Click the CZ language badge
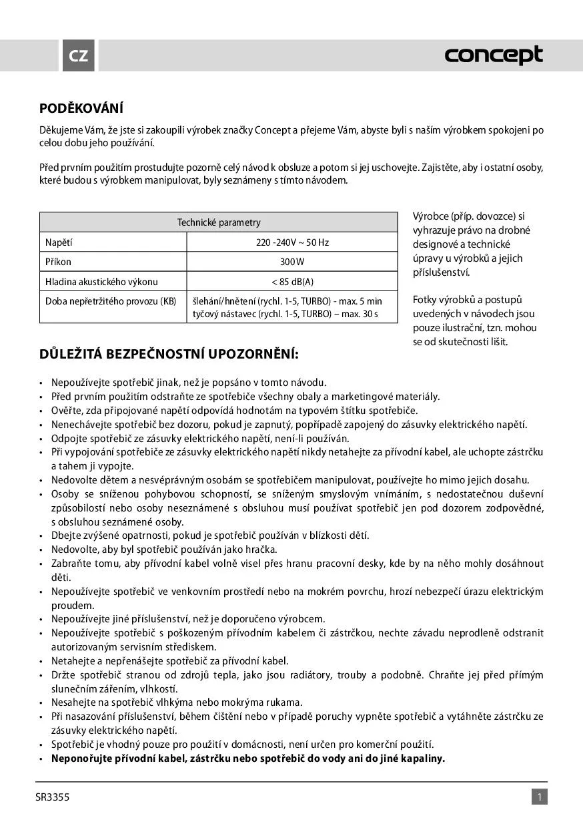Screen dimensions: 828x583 [78, 56]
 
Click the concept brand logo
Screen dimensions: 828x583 [494, 56]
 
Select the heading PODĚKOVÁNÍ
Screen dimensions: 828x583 [81, 108]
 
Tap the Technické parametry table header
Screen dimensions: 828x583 [219, 222]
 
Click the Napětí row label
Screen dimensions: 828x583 [59, 242]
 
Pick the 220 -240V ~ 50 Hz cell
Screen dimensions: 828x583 [292, 242]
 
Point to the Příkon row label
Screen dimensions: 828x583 [58, 262]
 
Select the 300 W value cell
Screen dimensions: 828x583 [292, 262]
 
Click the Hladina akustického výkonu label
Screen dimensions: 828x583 [101, 282]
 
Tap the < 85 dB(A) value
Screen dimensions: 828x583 [292, 282]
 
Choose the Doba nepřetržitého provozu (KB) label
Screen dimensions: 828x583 [111, 301]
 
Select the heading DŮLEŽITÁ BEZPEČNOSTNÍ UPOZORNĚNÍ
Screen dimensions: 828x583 [169, 354]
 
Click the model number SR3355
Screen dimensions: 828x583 [53, 797]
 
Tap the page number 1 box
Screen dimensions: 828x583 [539, 797]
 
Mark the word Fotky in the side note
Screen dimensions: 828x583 [426, 300]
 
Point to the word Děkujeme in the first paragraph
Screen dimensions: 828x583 [60, 130]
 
